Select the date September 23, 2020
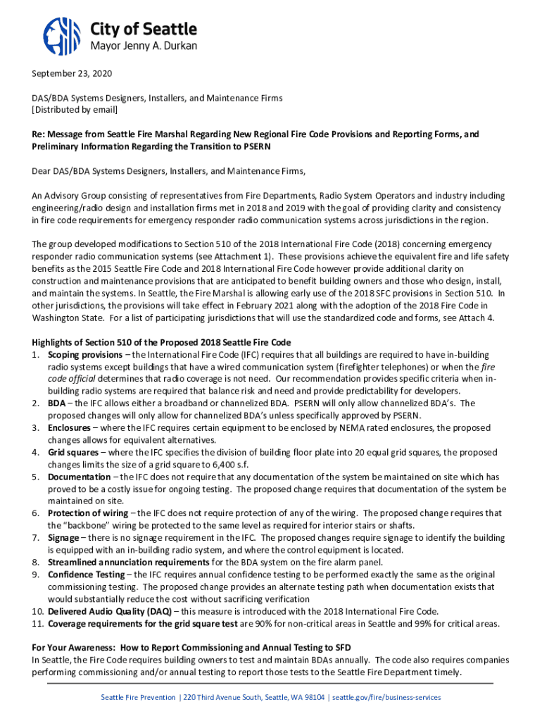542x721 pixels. (x=72, y=74)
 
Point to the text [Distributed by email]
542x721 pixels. (x=75, y=110)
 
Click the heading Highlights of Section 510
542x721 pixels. (x=161, y=342)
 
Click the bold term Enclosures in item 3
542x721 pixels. (x=69, y=427)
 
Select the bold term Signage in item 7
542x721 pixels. (x=63, y=537)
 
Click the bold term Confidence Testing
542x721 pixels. (x=85, y=575)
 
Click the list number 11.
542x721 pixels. (x=37, y=623)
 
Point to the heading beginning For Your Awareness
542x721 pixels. (x=191, y=647)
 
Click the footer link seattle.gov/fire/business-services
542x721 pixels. (x=386, y=697)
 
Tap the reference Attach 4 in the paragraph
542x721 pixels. (x=483, y=318)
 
